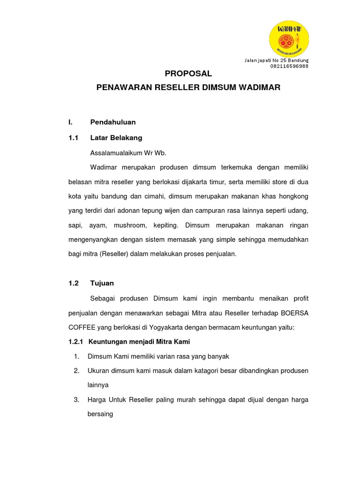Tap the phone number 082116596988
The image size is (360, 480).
point(289,67)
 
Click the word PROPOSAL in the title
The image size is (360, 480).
point(188,74)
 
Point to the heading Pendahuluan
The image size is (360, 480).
point(113,122)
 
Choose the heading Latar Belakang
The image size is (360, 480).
point(116,138)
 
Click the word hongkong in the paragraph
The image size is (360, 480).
point(294,196)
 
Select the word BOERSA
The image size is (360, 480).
point(293,313)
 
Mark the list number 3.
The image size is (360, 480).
point(76,400)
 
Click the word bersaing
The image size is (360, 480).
point(100,414)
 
